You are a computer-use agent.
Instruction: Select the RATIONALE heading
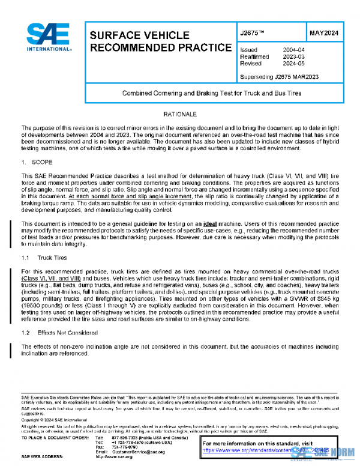click(x=179, y=113)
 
